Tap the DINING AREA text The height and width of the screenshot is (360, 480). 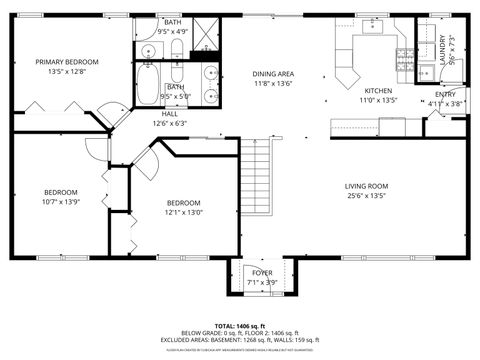tap(272, 74)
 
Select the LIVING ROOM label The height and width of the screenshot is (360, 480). tap(367, 186)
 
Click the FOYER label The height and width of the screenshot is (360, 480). tap(262, 272)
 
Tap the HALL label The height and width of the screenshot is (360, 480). tap(183, 113)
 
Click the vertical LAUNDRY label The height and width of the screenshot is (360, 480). tap(442, 50)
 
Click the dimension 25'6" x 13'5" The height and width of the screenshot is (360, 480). tap(367, 197)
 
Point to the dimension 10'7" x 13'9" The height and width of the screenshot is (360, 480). tap(61, 203)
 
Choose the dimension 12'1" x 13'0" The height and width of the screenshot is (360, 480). tap(184, 212)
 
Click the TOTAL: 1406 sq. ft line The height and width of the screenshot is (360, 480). tap(241, 326)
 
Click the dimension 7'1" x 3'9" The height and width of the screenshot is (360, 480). tap(262, 282)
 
